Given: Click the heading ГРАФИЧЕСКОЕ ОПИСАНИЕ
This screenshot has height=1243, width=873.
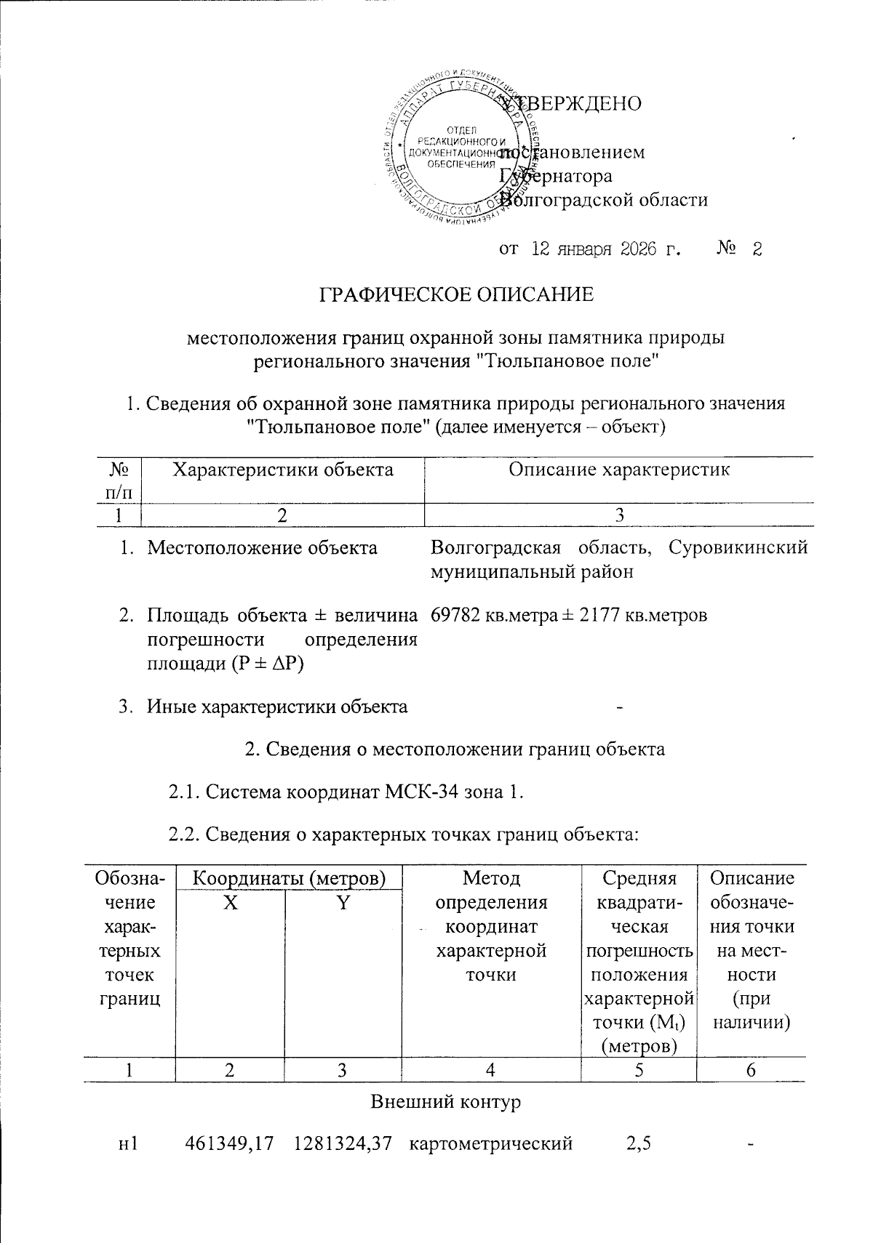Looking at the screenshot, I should coord(458,294).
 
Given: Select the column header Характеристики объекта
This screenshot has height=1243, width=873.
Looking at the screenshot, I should coord(283,470).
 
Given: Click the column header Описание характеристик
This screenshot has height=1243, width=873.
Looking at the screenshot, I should coord(619,470).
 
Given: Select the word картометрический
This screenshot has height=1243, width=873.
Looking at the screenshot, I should coord(491,1143).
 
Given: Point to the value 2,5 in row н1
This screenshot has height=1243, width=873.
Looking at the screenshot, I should coord(638,1143).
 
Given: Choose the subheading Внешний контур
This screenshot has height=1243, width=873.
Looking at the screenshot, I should coord(446,1101).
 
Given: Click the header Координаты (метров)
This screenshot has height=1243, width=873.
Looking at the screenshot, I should coord(288,878).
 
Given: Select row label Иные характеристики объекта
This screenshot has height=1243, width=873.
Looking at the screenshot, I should coord(277,706).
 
